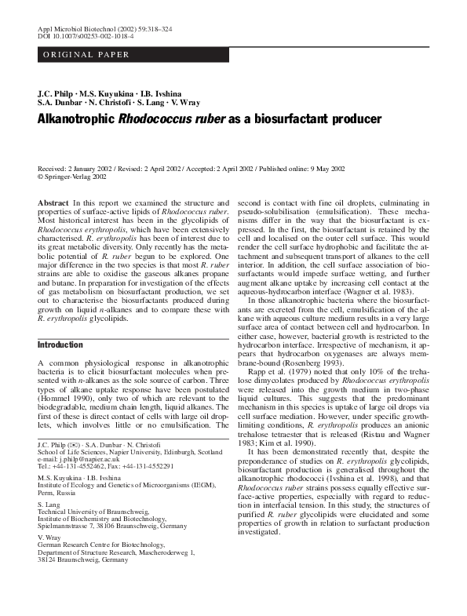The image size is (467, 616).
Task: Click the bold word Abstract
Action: [53, 203]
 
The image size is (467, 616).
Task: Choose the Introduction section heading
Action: [60, 344]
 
